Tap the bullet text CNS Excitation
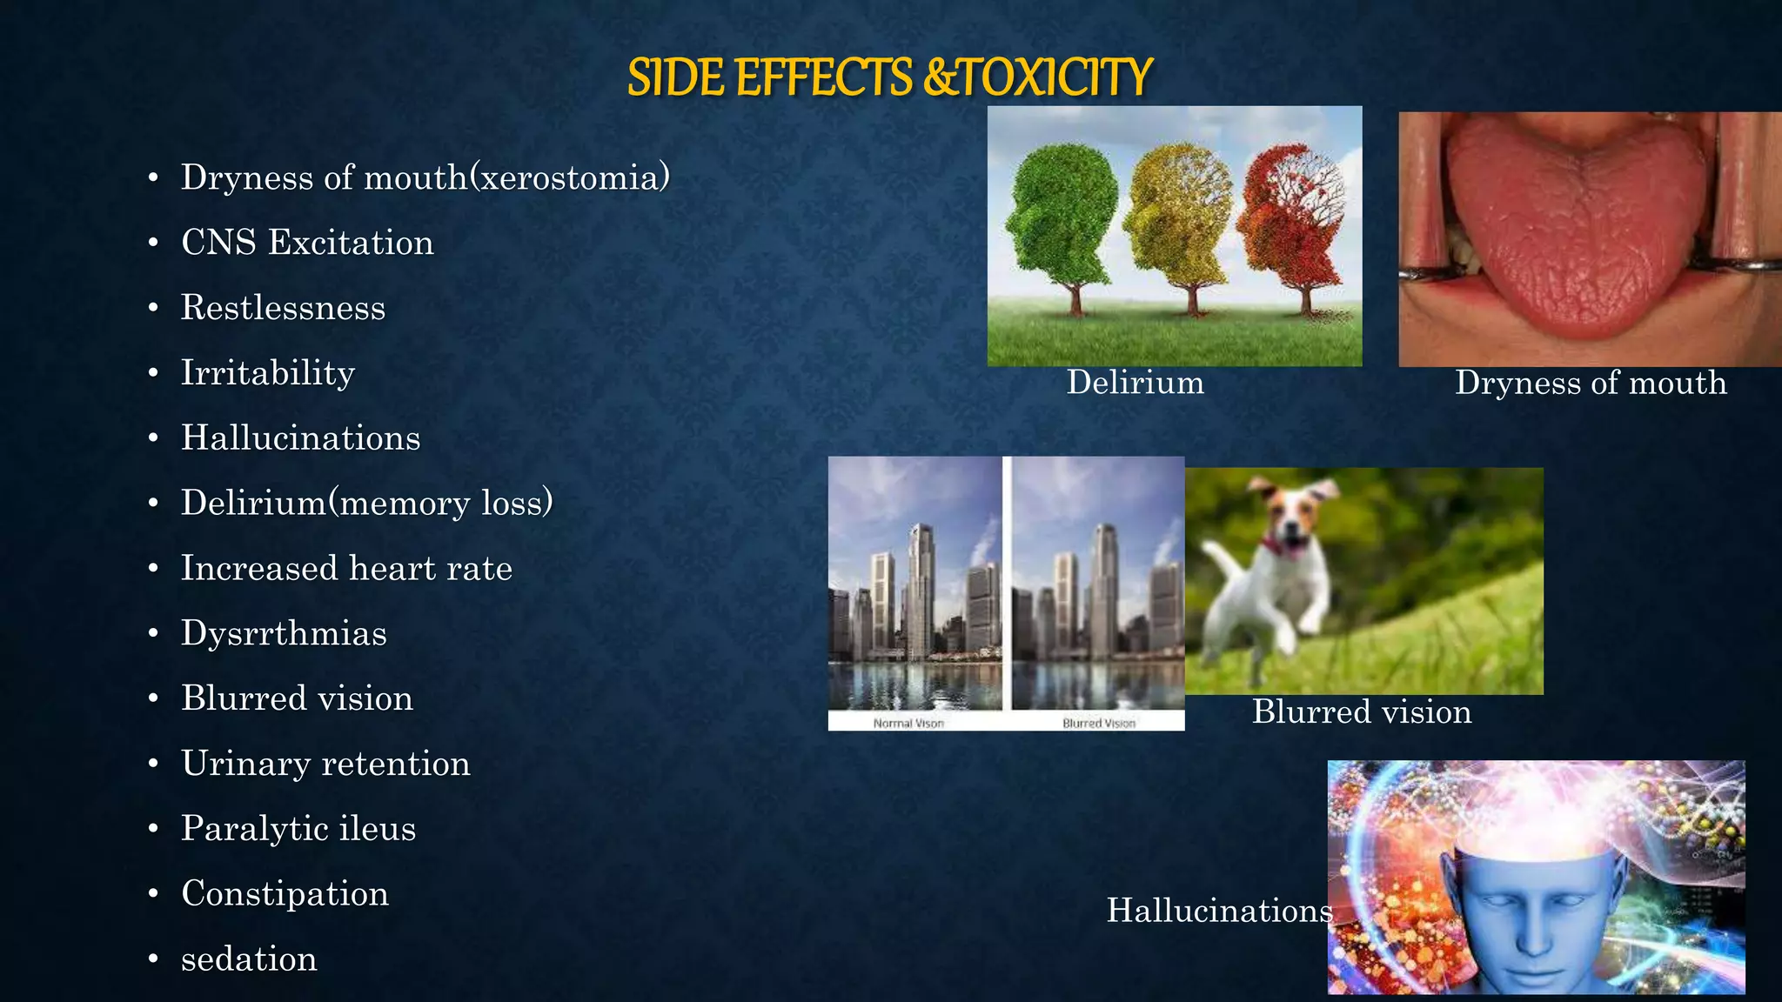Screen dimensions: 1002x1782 click(x=307, y=243)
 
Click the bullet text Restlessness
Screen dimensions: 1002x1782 click(x=283, y=308)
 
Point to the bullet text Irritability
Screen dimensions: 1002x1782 click(x=268, y=373)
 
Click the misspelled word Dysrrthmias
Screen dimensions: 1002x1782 click(x=284, y=633)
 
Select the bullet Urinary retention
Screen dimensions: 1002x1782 click(x=325, y=764)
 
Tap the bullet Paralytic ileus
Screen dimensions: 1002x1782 click(x=298, y=829)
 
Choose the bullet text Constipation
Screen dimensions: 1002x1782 click(x=285, y=894)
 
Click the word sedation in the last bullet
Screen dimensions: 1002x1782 click(x=249, y=959)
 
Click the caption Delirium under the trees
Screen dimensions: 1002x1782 click(x=1136, y=383)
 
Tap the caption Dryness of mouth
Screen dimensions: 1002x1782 click(x=1591, y=383)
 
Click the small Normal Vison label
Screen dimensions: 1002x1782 click(x=908, y=723)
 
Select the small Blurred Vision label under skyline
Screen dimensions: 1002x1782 click(x=1099, y=723)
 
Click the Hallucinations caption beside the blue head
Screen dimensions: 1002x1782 click(x=1219, y=911)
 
